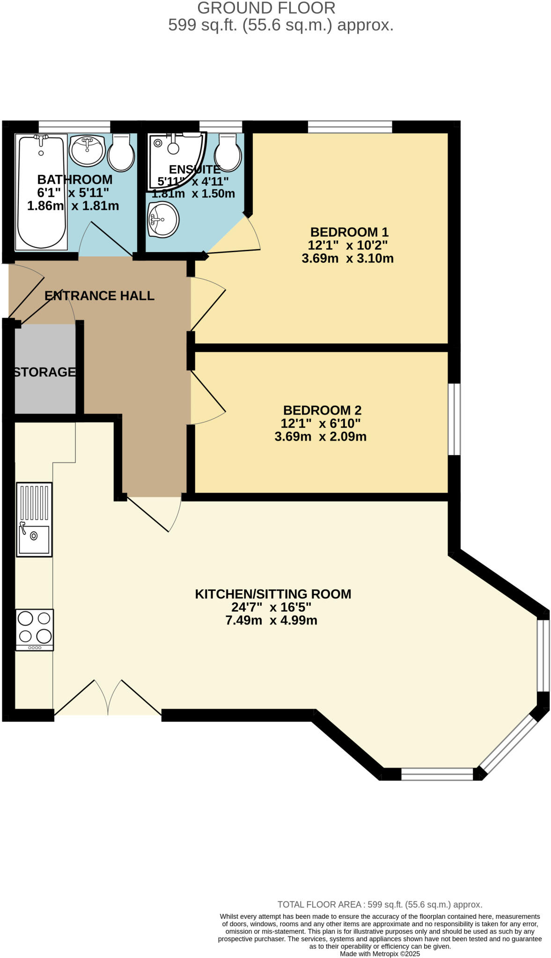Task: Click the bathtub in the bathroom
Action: pyautogui.click(x=41, y=192)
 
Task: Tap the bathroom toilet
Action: pyautogui.click(x=121, y=152)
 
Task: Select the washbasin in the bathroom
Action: pyautogui.click(x=87, y=150)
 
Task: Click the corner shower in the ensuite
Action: pyautogui.click(x=174, y=159)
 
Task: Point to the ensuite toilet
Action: pyautogui.click(x=228, y=152)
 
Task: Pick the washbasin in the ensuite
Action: pyautogui.click(x=163, y=219)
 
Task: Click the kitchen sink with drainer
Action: pyautogui.click(x=34, y=519)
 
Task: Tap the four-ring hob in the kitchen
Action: pyautogui.click(x=35, y=629)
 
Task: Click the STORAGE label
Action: pyautogui.click(x=44, y=372)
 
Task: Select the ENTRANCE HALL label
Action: pyautogui.click(x=99, y=296)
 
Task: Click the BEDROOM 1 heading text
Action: pyautogui.click(x=349, y=232)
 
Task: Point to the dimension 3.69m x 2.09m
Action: pyautogui.click(x=320, y=436)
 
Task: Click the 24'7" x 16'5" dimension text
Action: pyautogui.click(x=271, y=607)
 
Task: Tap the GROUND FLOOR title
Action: pyautogui.click(x=266, y=8)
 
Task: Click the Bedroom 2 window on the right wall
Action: pyautogui.click(x=454, y=419)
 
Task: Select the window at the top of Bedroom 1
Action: pyautogui.click(x=350, y=126)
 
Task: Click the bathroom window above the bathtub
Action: pyautogui.click(x=74, y=126)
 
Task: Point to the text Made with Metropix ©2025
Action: pyautogui.click(x=380, y=953)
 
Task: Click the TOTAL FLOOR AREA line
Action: pyautogui.click(x=380, y=904)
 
